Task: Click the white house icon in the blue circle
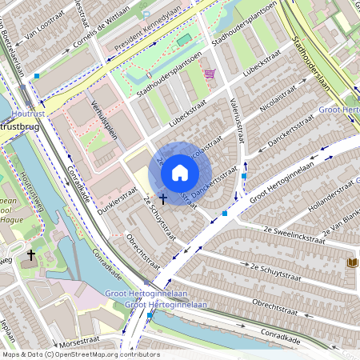(180, 172)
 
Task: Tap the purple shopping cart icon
(210, 74)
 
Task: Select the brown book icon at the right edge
(353, 262)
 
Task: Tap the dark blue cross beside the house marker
(163, 197)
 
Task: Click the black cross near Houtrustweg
(31, 255)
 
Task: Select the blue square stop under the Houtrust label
(37, 76)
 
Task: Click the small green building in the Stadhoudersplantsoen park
(184, 39)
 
